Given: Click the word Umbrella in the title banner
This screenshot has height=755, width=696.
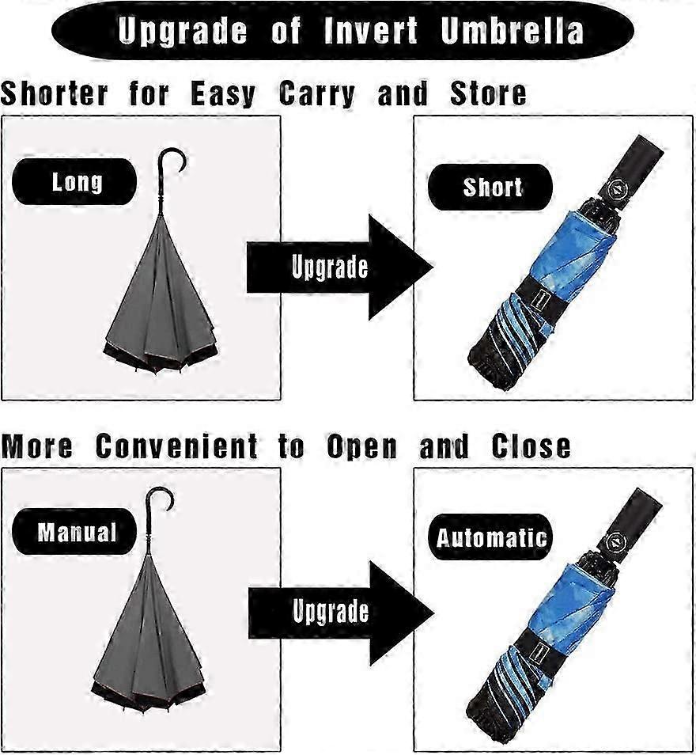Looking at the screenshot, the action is click(x=512, y=30).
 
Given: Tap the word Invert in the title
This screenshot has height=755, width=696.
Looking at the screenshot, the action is click(x=370, y=30).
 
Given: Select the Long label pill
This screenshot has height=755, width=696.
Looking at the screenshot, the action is click(x=74, y=182).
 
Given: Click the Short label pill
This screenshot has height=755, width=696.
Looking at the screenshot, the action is click(x=490, y=187).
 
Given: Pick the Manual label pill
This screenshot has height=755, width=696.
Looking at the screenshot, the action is click(x=74, y=532).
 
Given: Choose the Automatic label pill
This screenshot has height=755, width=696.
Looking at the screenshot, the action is click(x=490, y=537).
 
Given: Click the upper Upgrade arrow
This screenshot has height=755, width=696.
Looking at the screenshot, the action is click(x=340, y=267).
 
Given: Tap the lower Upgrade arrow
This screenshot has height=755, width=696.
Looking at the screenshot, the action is click(x=341, y=613).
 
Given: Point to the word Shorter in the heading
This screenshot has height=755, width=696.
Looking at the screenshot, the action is click(x=55, y=93).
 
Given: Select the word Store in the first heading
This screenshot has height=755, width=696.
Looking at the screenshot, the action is click(x=488, y=93).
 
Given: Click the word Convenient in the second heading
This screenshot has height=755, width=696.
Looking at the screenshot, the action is click(x=176, y=446).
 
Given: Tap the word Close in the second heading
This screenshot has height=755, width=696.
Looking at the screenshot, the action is click(x=531, y=446).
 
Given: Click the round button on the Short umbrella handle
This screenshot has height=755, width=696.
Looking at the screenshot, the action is click(x=615, y=188).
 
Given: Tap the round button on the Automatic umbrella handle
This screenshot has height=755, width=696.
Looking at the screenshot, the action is click(x=615, y=542).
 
